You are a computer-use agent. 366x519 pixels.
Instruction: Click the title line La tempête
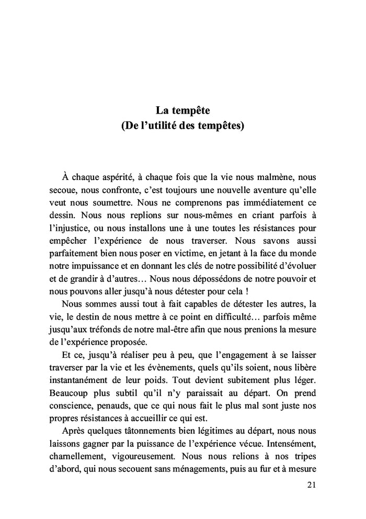tap(182, 111)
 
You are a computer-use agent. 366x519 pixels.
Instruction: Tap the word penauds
tap(111, 405)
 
